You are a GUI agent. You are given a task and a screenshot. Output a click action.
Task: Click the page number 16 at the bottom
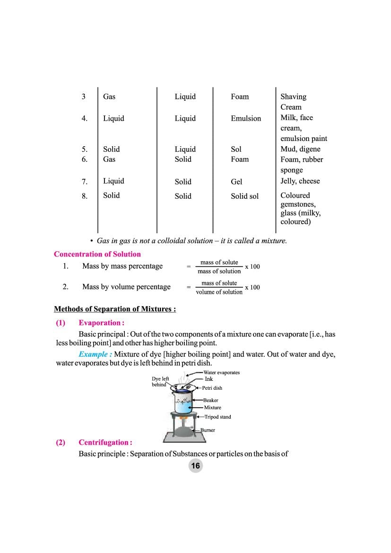pyautogui.click(x=195, y=466)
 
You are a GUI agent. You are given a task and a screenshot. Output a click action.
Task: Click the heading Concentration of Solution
pyautogui.click(x=97, y=254)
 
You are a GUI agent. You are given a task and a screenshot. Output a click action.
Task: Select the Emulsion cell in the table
pyautogui.click(x=245, y=118)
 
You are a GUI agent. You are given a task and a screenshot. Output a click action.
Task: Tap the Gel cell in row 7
pyautogui.click(x=236, y=182)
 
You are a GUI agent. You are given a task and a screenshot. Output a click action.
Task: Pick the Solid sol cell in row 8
pyautogui.click(x=244, y=196)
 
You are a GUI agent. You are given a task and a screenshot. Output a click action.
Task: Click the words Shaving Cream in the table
pyautogui.click(x=293, y=102)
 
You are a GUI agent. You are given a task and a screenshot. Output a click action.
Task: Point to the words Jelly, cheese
pyautogui.click(x=300, y=181)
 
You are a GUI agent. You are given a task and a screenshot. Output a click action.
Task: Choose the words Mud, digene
pyautogui.click(x=300, y=149)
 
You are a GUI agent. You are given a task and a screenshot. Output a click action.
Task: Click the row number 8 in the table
pyautogui.click(x=84, y=196)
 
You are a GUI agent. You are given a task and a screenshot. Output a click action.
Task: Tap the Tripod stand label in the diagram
pyautogui.click(x=217, y=417)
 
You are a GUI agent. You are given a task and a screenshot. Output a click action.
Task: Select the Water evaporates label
pyautogui.click(x=221, y=372)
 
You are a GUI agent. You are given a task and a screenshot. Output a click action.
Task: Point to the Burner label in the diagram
pyautogui.click(x=208, y=430)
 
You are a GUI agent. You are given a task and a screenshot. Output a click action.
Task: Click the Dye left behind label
pyautogui.click(x=160, y=382)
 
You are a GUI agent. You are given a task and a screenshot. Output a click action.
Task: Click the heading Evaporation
pyautogui.click(x=101, y=323)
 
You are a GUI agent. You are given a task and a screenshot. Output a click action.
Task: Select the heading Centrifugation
pyautogui.click(x=105, y=442)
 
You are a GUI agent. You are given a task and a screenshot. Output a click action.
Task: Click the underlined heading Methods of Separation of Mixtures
pyautogui.click(x=115, y=309)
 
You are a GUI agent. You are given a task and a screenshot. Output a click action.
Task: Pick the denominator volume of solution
pyautogui.click(x=219, y=292)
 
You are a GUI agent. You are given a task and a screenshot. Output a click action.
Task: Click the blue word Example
pyautogui.click(x=95, y=354)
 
